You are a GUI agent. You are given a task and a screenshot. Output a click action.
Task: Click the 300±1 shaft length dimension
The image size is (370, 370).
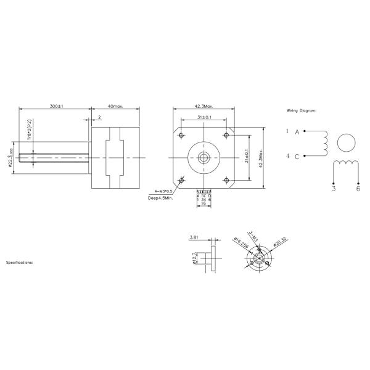56,106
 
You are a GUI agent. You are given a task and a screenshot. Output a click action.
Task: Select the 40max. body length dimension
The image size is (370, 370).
115,106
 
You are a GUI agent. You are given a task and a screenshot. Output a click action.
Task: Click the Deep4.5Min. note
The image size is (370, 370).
160,199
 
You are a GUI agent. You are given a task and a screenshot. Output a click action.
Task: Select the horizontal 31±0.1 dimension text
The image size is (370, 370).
204,117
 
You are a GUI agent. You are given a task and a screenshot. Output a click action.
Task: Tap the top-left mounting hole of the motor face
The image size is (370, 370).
181,135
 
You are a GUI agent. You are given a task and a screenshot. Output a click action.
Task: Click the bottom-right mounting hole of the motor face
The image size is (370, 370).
227,180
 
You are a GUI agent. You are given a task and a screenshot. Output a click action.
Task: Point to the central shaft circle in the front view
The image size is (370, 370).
204,157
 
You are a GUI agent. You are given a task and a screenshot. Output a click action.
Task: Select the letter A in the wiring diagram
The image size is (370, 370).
297,132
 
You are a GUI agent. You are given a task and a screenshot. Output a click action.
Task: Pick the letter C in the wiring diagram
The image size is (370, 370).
297,156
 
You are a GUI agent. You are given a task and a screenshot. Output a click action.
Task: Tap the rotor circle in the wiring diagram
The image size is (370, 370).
347,143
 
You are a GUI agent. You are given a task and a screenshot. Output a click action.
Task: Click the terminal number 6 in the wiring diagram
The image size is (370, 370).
358,189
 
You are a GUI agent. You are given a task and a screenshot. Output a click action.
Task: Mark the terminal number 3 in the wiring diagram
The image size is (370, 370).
334,189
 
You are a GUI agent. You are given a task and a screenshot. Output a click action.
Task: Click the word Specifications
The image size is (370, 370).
20,262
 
